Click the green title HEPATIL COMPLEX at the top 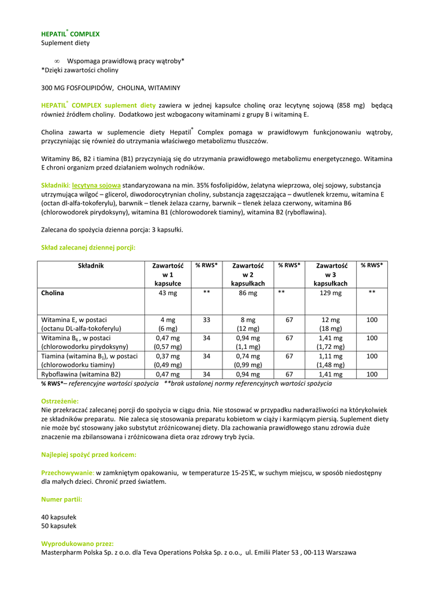70,34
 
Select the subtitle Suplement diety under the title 65,43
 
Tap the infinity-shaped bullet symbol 57,61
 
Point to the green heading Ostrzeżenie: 60,400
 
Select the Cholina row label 53,293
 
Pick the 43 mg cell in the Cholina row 168,293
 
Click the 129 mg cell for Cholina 331,293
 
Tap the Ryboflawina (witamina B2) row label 81,374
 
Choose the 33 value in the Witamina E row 206,320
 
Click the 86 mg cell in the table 248,293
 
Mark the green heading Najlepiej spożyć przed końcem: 89,455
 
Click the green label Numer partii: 62,499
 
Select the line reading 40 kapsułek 59,517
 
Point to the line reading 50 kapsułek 59,526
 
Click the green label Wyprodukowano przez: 77,544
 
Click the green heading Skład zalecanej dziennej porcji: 88,247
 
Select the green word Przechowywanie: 68,472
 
